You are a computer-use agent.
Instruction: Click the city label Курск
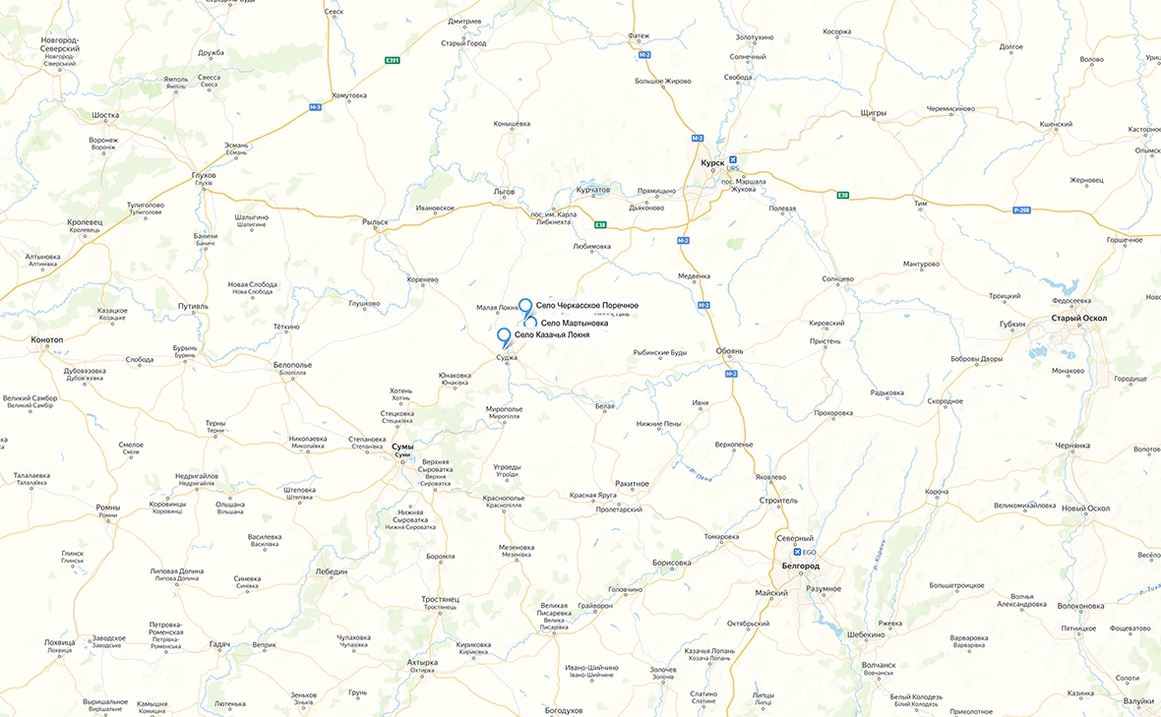711,162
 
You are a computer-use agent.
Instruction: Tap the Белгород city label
799,567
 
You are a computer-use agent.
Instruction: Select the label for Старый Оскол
1078,318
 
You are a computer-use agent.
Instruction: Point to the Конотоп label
47,339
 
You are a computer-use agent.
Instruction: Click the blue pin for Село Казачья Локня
505,336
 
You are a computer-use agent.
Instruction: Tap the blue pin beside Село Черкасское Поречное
525,306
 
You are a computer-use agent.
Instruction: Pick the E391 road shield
393,61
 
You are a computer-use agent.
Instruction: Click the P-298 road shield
1022,209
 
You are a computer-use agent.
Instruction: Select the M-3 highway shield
316,106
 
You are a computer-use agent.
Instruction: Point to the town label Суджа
507,358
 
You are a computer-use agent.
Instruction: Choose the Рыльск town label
376,222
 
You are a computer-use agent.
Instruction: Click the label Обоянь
730,351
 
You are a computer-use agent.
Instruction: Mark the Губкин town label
1011,324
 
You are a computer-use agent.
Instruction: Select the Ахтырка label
422,663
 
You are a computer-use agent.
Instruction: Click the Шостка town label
105,115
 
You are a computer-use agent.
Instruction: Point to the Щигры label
873,113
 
